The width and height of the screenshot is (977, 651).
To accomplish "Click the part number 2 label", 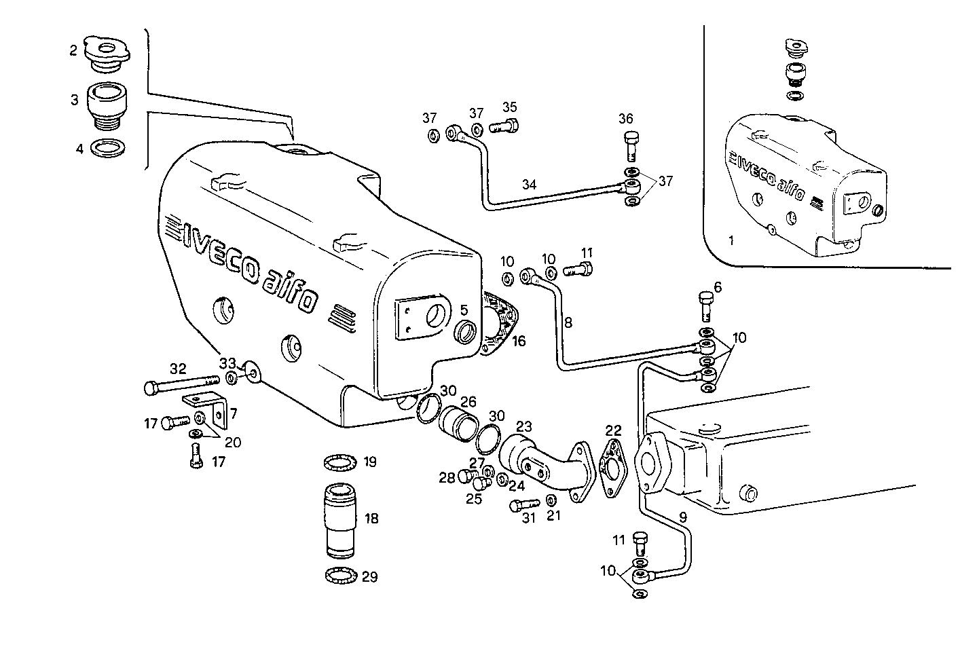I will click(x=73, y=50).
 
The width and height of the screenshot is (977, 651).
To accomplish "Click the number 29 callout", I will click(x=369, y=577).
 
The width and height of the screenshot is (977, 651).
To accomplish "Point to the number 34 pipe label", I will click(x=530, y=184).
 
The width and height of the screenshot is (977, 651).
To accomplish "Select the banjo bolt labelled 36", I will click(x=631, y=145).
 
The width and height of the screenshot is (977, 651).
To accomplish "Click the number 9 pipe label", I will click(x=682, y=517).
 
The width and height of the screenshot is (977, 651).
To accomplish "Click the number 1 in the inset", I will click(x=730, y=240).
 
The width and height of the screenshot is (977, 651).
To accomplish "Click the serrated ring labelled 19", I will click(x=339, y=463).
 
